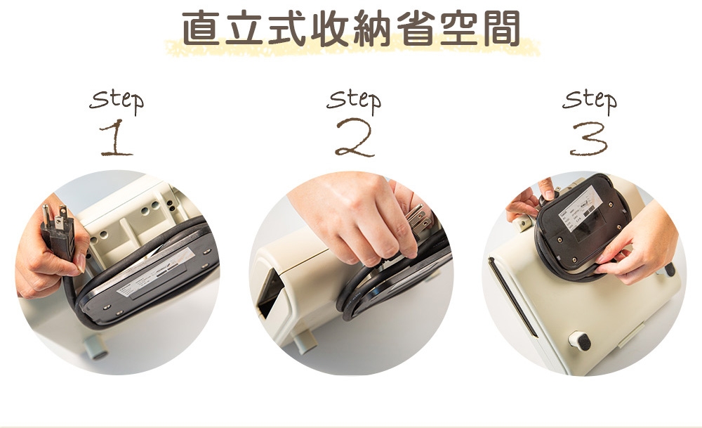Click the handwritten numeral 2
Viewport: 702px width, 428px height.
pyautogui.click(x=354, y=138)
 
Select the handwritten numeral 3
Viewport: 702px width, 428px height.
pyautogui.click(x=588, y=138)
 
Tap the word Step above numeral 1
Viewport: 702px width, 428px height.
pyautogui.click(x=117, y=100)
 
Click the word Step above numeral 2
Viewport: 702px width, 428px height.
pyautogui.click(x=354, y=99)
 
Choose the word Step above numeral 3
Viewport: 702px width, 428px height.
pyautogui.click(x=589, y=100)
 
